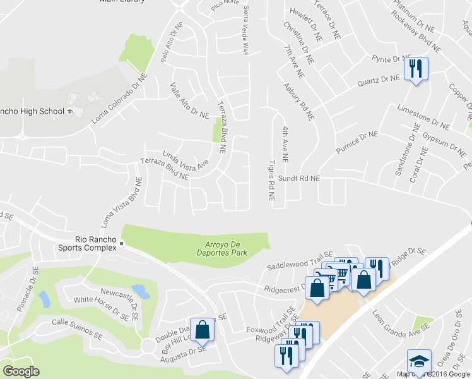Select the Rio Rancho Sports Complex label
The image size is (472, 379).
(96, 243)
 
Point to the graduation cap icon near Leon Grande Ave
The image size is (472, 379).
(419, 362)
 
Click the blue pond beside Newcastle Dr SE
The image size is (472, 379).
(141, 291)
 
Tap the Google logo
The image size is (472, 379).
(21, 371)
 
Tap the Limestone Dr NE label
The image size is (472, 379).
(422, 114)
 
